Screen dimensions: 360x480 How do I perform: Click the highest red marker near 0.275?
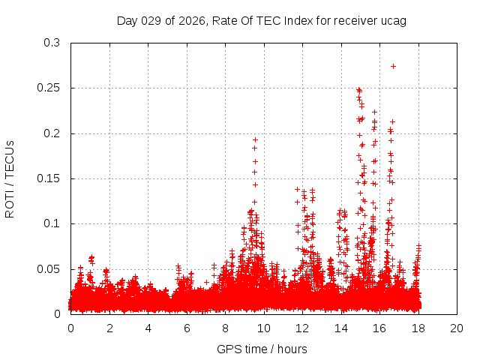(393, 66)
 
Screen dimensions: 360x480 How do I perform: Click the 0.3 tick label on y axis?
(52, 43)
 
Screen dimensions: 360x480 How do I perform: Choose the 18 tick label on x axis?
(418, 328)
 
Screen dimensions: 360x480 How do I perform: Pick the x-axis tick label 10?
(264, 328)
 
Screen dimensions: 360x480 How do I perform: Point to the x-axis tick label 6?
(187, 328)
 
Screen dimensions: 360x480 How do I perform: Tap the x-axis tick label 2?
(109, 328)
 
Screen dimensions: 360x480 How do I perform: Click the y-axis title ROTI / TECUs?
(10, 178)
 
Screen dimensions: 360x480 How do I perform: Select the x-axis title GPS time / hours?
(262, 349)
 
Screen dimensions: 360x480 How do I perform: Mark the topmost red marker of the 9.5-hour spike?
(255, 139)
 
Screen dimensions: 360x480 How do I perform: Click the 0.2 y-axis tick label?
(52, 133)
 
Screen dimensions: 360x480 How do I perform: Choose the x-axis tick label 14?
(341, 328)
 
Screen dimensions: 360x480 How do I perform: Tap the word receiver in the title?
(352, 20)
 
